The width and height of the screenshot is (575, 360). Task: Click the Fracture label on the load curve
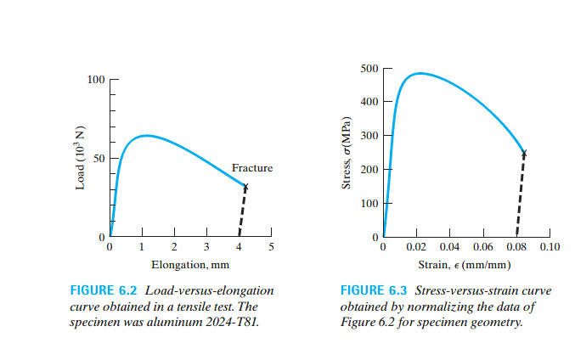tap(252, 168)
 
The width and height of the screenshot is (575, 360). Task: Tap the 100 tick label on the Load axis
tap(95, 80)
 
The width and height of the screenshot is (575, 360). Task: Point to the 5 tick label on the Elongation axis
tap(271, 247)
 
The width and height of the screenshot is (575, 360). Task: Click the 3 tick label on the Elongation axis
tap(206, 247)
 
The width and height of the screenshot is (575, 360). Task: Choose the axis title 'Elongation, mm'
tap(189, 264)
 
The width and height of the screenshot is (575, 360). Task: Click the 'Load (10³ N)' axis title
tap(80, 159)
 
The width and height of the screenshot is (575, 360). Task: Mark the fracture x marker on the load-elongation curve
tap(245, 187)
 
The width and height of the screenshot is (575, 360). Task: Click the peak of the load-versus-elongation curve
tap(146, 135)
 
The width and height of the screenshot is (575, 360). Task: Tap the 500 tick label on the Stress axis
tap(369, 68)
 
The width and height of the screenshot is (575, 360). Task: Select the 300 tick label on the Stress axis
tap(369, 136)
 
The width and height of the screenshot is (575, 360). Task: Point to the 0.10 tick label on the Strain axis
tap(550, 247)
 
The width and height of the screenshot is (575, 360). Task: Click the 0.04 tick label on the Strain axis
tap(449, 247)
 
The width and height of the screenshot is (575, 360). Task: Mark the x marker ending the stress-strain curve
tap(524, 154)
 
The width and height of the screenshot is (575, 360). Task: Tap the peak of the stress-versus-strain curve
tap(419, 73)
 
